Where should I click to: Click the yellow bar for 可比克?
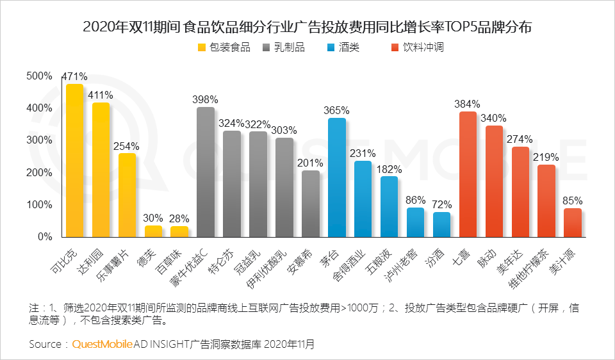point(74,160)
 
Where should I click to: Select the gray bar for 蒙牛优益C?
point(205,172)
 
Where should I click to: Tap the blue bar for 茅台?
point(336,177)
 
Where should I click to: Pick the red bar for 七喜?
point(468,174)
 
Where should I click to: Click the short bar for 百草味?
point(179,231)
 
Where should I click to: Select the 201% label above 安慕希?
point(311,163)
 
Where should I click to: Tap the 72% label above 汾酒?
point(441,205)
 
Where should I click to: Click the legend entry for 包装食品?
point(224,47)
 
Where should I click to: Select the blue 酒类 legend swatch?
point(331,47)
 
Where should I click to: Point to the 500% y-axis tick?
point(39,76)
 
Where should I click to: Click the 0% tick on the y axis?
point(44,237)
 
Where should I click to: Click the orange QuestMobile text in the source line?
point(102,344)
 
